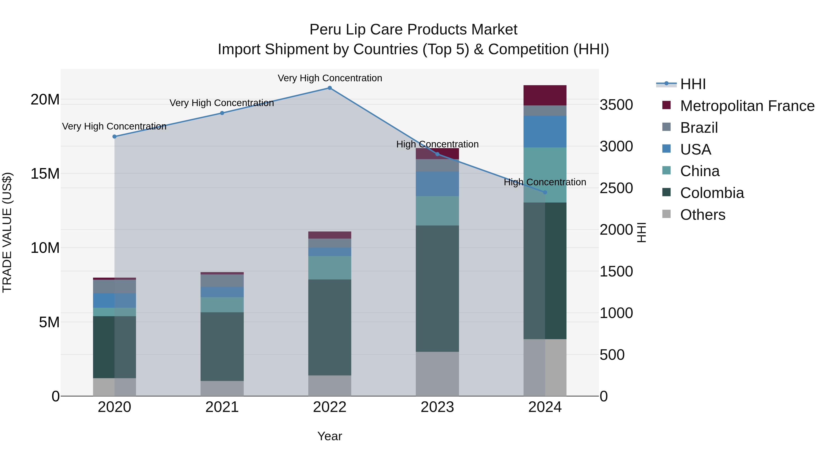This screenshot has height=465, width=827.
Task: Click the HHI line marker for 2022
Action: tap(329, 88)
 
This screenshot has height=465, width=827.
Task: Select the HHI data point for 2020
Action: tap(114, 136)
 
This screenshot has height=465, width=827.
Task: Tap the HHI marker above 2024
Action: tap(545, 192)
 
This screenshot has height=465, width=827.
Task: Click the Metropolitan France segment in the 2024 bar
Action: tap(545, 95)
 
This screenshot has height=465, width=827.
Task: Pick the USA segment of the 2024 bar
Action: tap(545, 132)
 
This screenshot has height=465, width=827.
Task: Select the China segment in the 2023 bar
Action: tap(437, 211)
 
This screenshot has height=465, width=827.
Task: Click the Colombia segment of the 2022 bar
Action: tap(329, 327)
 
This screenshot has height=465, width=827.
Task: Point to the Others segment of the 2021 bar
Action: tap(222, 388)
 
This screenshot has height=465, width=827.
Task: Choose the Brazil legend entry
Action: tap(699, 128)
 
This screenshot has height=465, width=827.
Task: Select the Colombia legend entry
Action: tap(711, 193)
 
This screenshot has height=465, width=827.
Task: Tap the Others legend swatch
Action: tap(666, 214)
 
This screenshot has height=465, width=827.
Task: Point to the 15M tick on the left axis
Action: tap(45, 174)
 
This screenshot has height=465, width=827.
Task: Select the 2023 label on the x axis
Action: tap(437, 407)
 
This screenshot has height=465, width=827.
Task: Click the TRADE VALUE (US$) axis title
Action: tap(7, 232)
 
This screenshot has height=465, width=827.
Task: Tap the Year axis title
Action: tap(329, 436)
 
